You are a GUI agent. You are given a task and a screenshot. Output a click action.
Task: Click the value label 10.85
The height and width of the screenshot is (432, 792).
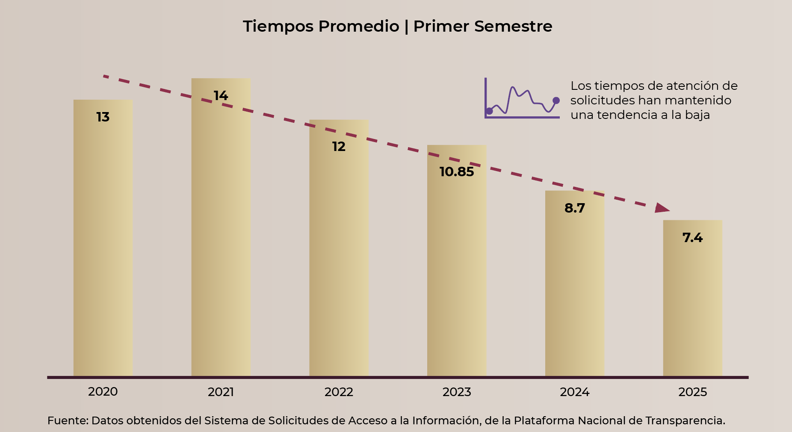point(457,172)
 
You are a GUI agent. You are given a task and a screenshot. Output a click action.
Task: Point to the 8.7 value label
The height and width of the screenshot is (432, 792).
point(574,208)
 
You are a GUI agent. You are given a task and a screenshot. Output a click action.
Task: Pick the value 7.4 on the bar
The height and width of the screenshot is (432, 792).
point(692,238)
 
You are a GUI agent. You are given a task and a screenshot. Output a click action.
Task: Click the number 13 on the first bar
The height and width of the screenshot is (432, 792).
point(103,117)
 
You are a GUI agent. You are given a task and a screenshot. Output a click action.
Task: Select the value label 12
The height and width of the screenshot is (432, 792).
point(339,147)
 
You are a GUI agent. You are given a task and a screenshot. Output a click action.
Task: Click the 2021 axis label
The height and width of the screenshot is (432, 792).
point(221,392)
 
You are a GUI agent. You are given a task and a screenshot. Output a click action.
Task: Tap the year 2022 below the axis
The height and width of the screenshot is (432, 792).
point(339,392)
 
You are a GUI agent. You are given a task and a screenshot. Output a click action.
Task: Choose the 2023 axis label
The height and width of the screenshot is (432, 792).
point(457,392)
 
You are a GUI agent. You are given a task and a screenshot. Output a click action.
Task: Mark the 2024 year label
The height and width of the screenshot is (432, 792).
point(574,392)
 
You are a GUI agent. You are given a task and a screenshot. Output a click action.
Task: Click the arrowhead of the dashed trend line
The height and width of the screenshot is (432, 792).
point(662,208)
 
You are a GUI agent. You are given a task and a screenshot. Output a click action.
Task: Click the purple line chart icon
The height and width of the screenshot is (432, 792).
point(522,99)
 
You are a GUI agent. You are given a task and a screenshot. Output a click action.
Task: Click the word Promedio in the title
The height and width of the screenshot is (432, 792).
point(359,27)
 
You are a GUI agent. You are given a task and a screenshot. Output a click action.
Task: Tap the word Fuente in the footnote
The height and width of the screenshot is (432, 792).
point(67,420)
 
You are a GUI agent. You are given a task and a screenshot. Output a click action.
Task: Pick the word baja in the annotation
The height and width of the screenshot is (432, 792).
point(697,115)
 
